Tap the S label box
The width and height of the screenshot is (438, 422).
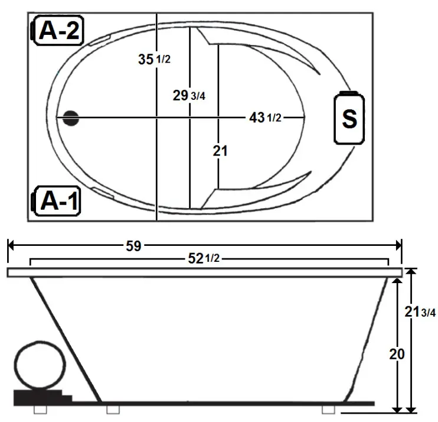pyautogui.click(x=349, y=118)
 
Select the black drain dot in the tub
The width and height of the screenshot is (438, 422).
pyautogui.click(x=71, y=118)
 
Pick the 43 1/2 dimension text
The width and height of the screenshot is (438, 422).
pyautogui.click(x=265, y=118)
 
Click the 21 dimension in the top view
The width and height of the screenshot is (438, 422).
pyautogui.click(x=220, y=151)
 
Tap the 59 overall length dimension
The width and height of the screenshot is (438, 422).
pyautogui.click(x=133, y=246)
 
